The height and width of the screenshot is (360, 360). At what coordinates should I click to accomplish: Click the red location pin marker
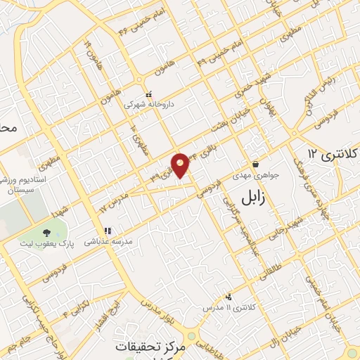point(181,165)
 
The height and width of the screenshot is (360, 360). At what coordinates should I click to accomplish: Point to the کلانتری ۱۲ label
point(334,153)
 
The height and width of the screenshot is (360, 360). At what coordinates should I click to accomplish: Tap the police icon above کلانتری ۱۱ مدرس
point(228,297)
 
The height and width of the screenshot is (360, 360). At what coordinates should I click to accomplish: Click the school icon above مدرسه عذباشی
point(107,230)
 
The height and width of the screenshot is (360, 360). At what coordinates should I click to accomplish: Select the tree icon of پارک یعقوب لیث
point(46,233)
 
